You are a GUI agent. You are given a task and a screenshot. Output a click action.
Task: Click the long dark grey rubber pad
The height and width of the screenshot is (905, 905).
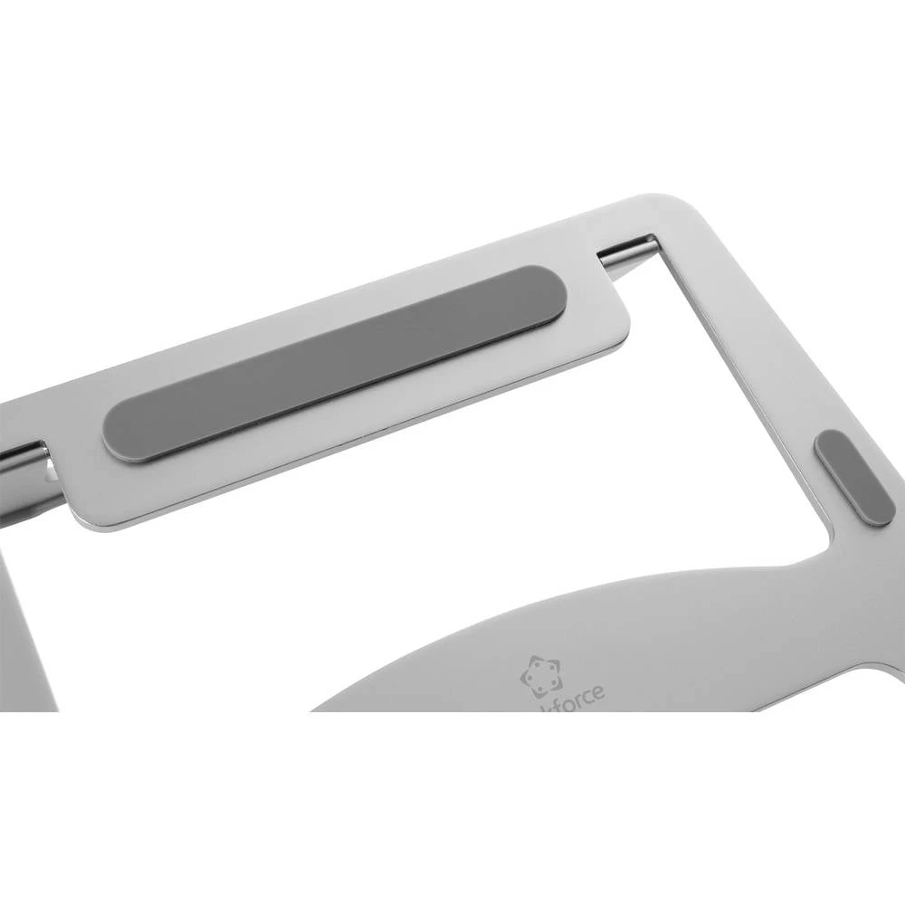coord(335,362)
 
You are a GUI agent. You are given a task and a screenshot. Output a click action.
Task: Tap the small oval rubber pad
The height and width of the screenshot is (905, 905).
coord(854,478)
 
